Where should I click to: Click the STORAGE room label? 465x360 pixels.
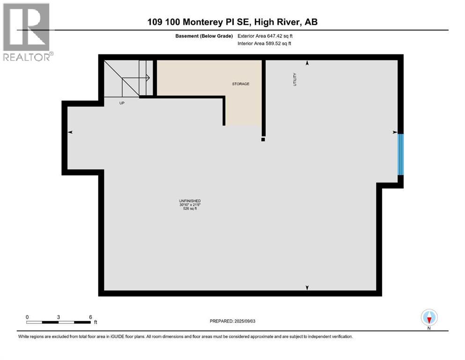click(241, 84)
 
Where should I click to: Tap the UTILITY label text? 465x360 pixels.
click(295, 78)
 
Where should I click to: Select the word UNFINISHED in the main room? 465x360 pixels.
click(190, 201)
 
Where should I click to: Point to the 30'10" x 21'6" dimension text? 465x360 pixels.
click(190, 204)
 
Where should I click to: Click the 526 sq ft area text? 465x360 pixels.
click(190, 209)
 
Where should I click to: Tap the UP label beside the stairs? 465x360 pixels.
click(122, 103)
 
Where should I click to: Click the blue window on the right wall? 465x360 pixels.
click(400, 154)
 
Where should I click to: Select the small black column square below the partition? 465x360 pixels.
click(263, 139)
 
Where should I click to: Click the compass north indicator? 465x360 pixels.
click(429, 317)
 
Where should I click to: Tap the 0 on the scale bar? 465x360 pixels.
click(27, 317)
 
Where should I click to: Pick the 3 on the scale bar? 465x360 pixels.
click(59, 317)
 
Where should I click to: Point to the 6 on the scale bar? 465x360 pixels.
click(90, 317)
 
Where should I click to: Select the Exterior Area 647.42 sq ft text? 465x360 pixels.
click(265, 36)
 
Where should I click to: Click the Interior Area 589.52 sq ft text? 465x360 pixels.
click(265, 43)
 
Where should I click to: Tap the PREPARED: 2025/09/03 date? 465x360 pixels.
click(232, 321)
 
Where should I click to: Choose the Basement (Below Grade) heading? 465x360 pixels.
click(207, 36)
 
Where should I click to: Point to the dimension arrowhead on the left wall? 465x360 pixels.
click(70, 133)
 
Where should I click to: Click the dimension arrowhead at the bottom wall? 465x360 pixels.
click(307, 287)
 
